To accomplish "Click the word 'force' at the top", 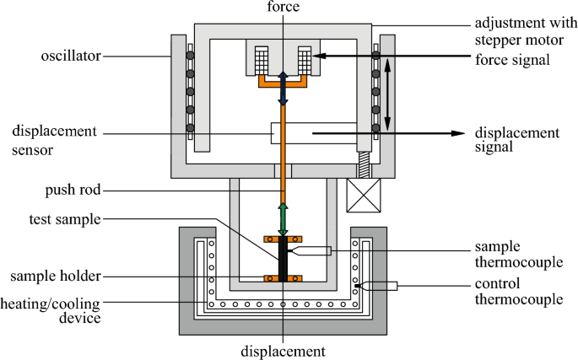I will pos(283,8).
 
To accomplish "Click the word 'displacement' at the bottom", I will pos(283,352).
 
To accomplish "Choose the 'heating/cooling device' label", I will pos(51,311).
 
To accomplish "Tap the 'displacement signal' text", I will pos(517,140).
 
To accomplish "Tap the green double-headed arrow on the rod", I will pos(283,218).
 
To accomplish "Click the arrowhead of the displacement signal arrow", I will pos(460,133).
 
